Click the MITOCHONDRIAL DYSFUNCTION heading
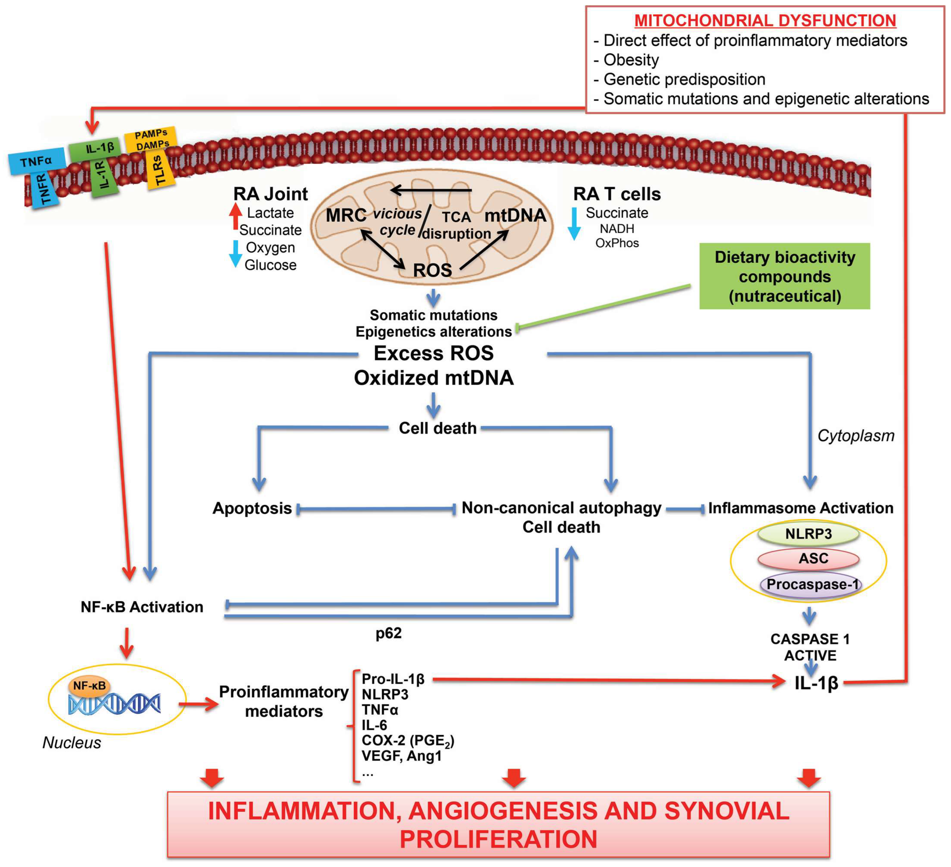point(765,21)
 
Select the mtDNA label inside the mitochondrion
point(515,216)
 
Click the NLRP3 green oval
point(808,534)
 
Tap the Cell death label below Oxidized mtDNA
point(437,428)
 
